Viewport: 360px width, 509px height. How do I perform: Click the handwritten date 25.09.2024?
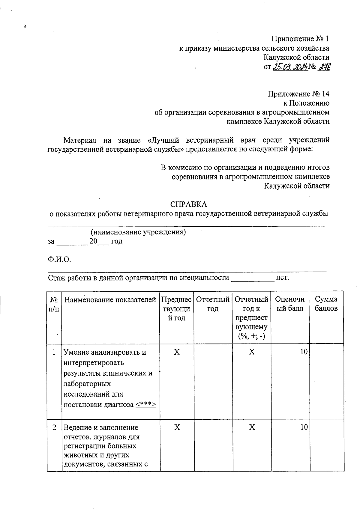point(290,67)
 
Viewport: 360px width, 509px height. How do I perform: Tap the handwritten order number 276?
point(324,67)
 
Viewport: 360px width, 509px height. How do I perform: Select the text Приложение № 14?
point(298,94)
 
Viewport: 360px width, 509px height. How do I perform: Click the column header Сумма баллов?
point(326,304)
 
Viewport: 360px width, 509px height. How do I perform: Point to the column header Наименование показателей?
point(110,299)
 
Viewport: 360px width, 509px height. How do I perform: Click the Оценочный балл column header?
point(289,304)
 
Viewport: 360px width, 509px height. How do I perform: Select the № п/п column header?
point(54,304)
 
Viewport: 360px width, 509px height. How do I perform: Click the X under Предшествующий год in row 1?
point(177,352)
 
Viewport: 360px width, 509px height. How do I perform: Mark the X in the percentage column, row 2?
point(251,427)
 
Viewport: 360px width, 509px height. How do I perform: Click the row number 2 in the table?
point(54,427)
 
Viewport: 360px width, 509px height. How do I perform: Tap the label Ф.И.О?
point(59,260)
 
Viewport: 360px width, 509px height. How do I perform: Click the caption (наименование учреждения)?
point(138,232)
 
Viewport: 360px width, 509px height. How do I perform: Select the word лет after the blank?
point(282,278)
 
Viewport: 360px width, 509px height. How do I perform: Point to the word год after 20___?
point(117,241)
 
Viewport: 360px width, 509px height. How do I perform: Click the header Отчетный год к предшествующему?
point(251,318)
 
